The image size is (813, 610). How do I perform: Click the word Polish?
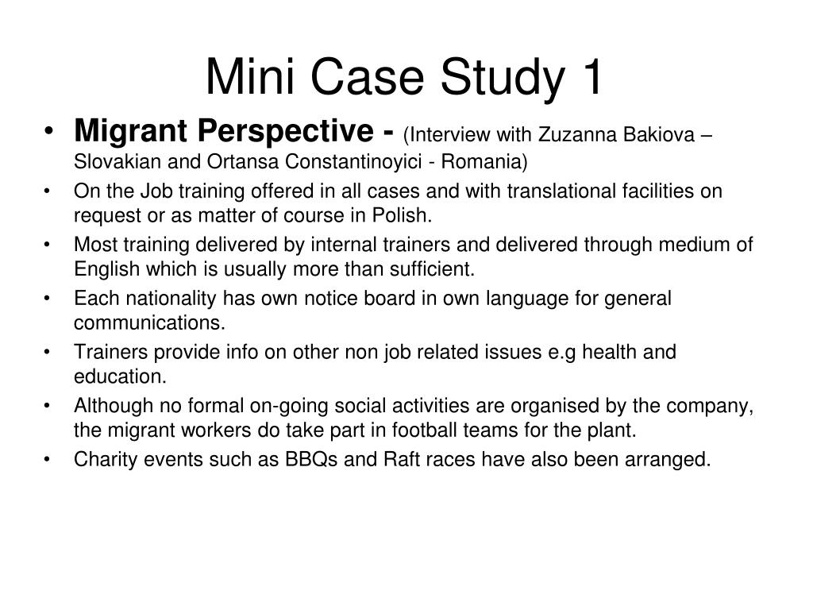tap(406, 215)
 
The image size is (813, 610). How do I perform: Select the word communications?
tap(149, 322)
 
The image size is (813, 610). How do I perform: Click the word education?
tap(120, 376)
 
